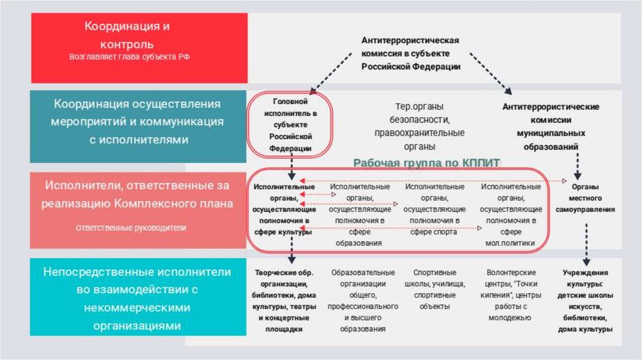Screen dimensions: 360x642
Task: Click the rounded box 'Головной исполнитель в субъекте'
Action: (290, 124)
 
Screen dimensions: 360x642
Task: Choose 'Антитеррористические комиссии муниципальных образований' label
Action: (550, 126)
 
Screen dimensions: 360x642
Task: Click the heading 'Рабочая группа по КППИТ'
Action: (426, 162)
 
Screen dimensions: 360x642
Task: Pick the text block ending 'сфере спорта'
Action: (434, 209)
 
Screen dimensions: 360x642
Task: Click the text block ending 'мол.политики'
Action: (510, 214)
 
